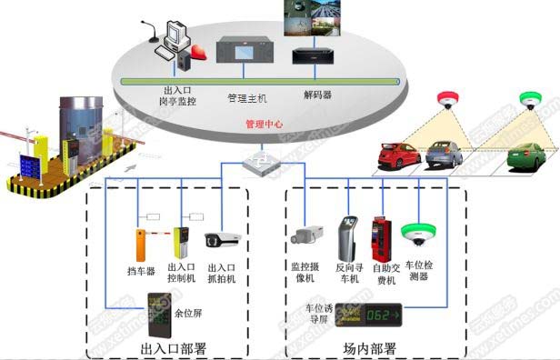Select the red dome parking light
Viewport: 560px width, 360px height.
pos(445,98)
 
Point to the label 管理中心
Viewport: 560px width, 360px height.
pos(265,124)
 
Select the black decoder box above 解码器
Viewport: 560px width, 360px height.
pos(315,55)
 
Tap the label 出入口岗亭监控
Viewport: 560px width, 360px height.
pos(178,95)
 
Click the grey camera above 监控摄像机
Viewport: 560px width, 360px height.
pos(305,235)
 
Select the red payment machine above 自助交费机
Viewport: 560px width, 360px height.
pos(380,238)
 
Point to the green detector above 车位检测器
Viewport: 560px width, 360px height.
pos(419,235)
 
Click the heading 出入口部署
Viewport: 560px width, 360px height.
pos(174,348)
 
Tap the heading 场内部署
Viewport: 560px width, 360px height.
pos(369,348)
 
